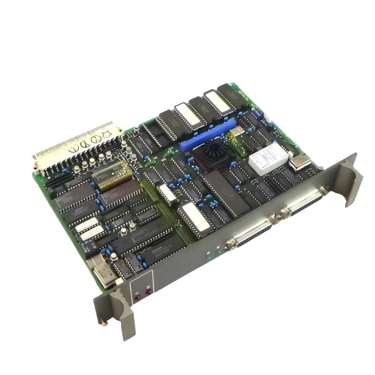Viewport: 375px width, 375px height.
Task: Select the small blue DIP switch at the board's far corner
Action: [256, 114]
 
